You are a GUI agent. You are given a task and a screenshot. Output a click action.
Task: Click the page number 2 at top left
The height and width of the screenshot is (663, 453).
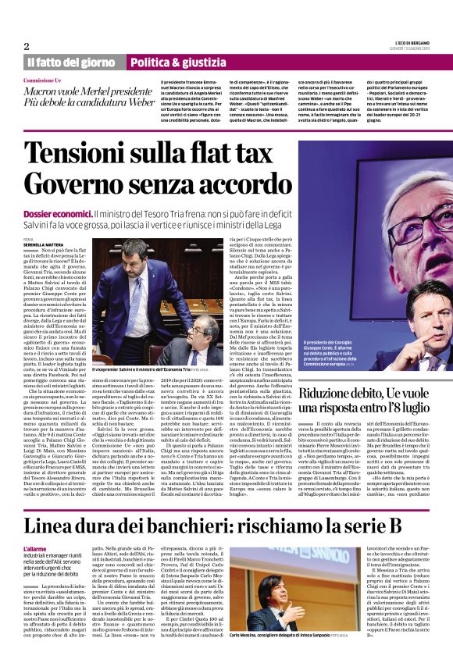[x=26, y=46]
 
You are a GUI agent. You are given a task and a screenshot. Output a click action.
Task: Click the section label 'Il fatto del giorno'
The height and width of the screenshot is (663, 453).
[x=71, y=62]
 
